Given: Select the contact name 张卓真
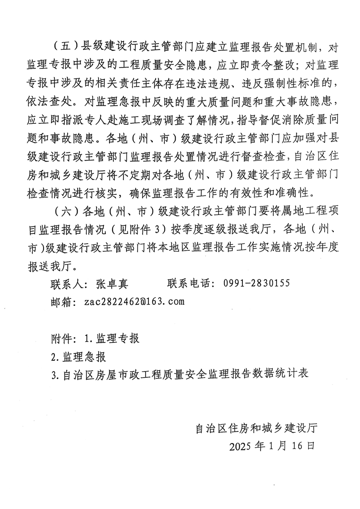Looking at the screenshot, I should (112, 284).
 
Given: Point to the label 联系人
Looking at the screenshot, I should (66, 284).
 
